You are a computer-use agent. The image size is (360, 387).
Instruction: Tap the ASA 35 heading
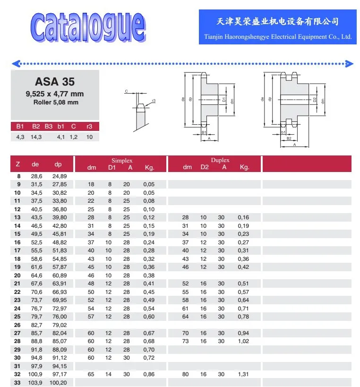tap(55, 82)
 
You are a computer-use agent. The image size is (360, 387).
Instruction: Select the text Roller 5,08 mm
tap(55, 102)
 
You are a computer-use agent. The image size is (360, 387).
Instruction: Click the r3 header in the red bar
tap(89, 126)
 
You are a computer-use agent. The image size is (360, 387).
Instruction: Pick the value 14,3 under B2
tap(36, 137)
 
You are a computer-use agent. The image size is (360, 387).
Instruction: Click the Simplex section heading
tap(122, 161)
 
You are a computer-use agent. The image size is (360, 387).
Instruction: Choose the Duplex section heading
tap(220, 161)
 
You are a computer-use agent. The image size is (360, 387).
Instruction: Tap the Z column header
tap(18, 164)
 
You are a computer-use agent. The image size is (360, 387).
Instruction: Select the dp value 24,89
tap(60, 176)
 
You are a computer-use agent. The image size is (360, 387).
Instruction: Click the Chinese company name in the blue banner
tap(277, 22)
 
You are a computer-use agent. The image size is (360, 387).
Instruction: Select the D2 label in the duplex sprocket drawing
tap(315, 100)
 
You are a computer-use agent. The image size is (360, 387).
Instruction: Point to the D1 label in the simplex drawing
tap(224, 100)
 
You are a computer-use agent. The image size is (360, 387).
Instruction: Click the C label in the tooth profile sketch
tap(126, 91)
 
